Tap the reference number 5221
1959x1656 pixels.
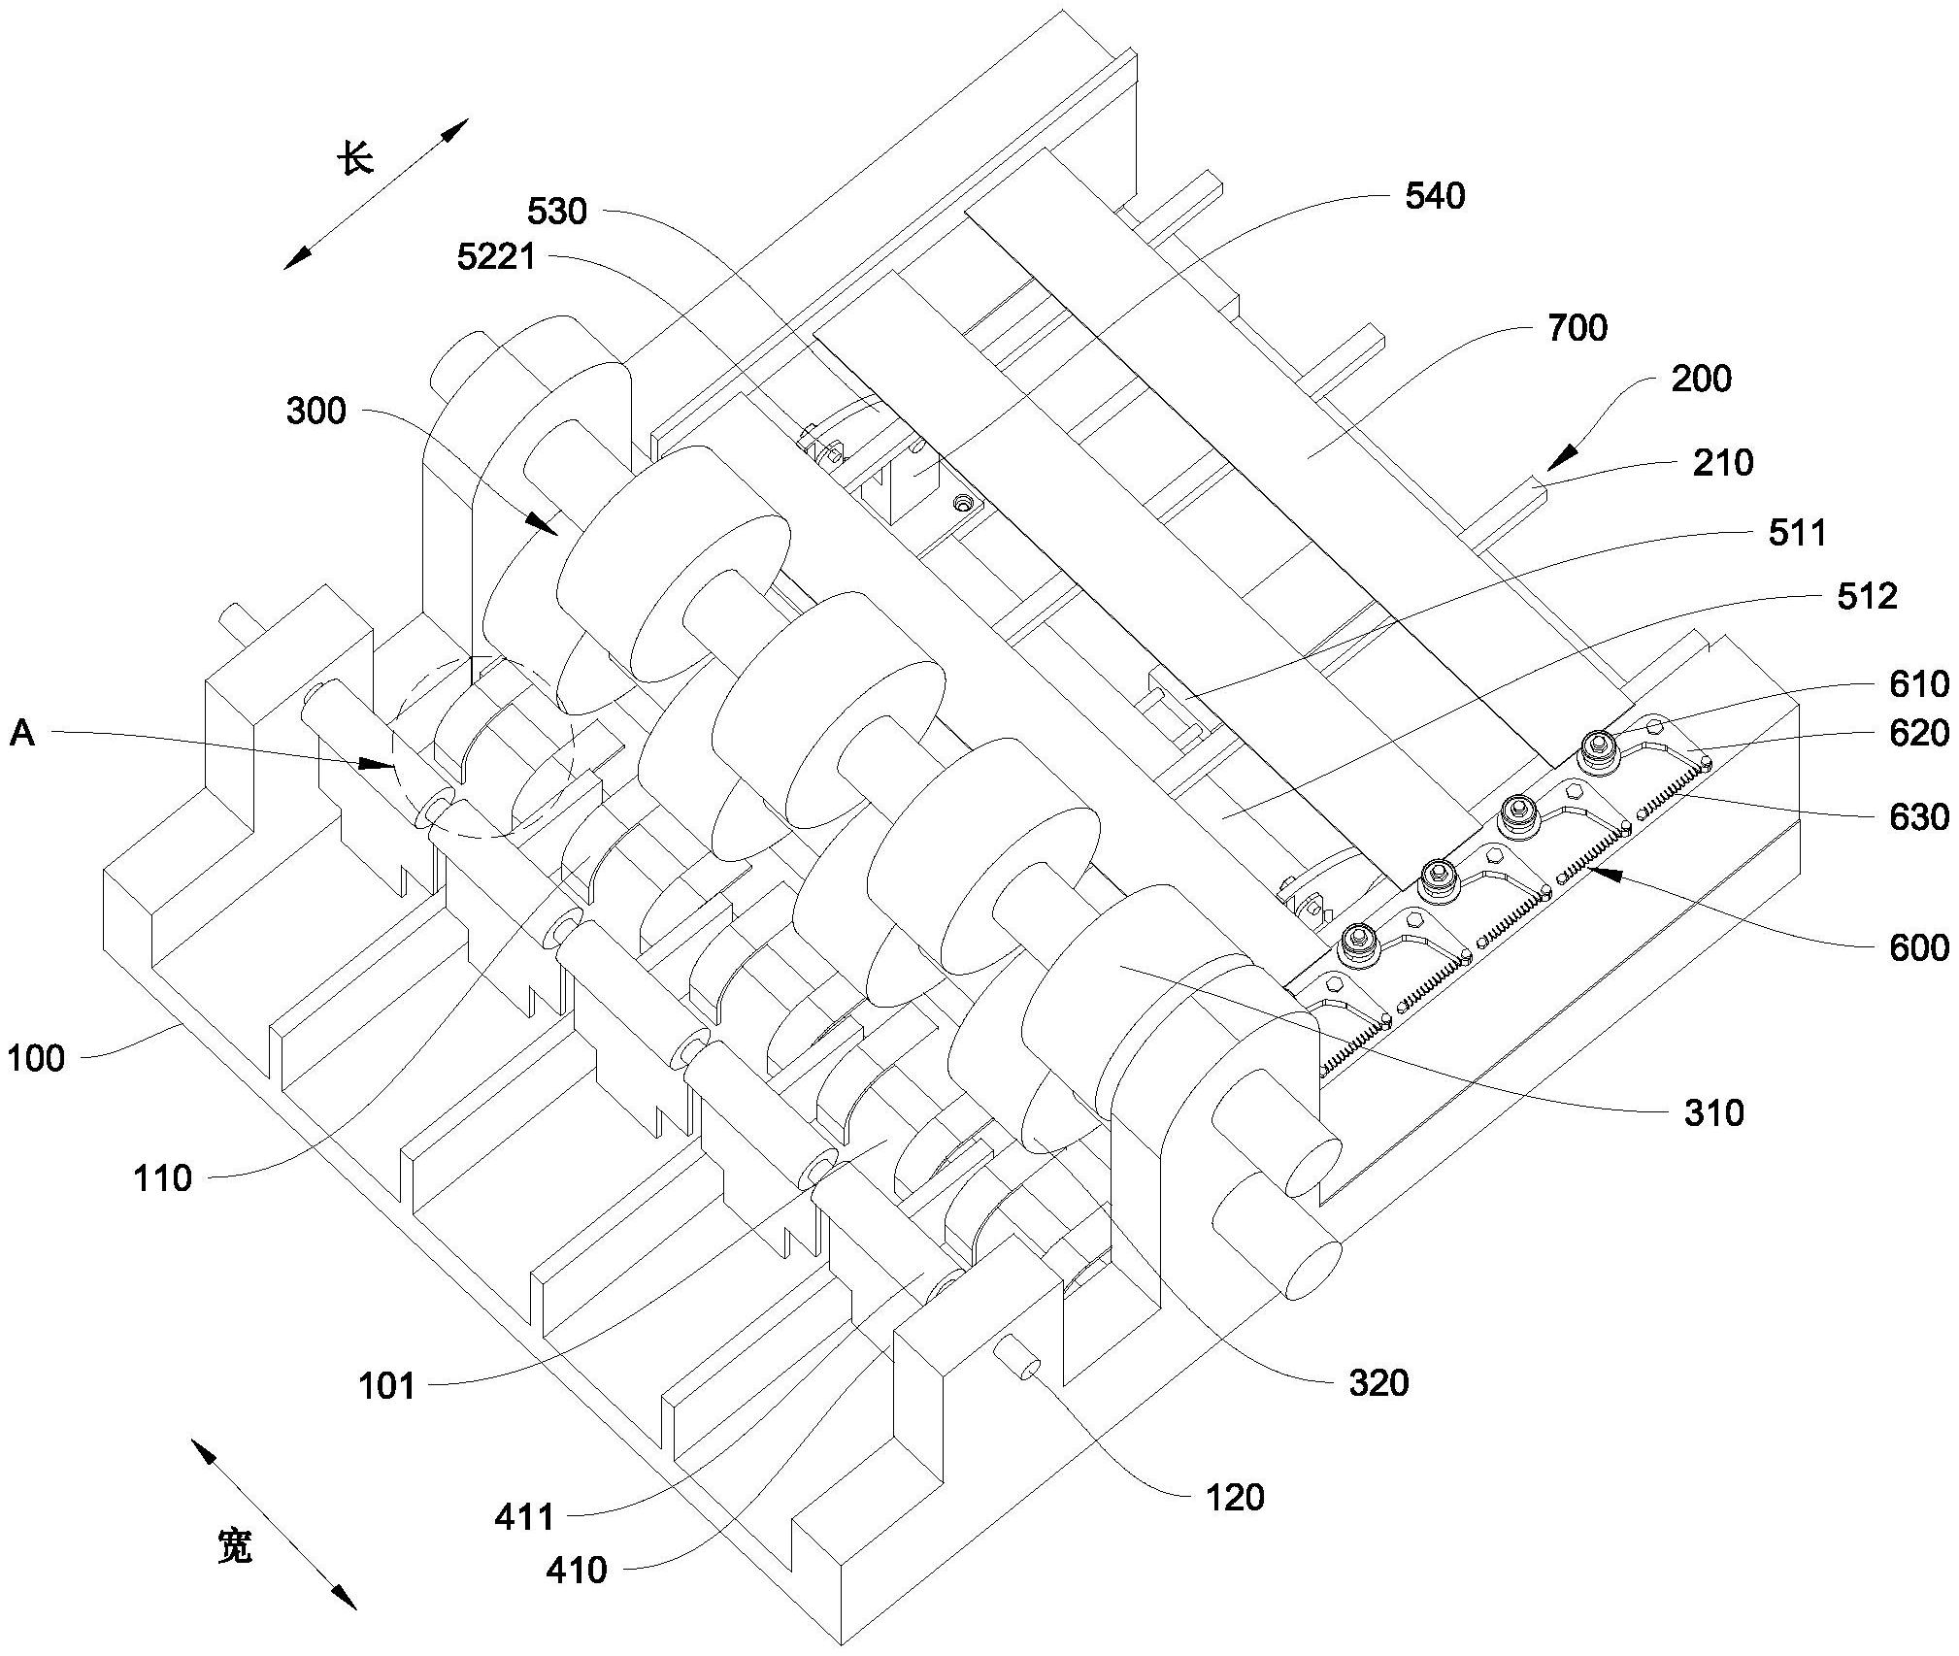pos(496,257)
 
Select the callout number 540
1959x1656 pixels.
pos(1435,197)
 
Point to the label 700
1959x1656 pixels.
pos(1577,328)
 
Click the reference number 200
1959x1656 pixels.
pos(1701,379)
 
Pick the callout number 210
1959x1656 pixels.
pos(1723,462)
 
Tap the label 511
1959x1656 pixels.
pos(1797,533)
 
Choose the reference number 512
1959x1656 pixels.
pos(1867,596)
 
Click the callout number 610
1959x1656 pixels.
pos(1919,684)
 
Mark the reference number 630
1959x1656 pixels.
pos(1919,817)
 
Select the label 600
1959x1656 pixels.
pos(1919,946)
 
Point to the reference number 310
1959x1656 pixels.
pos(1713,1112)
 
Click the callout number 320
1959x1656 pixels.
pos(1378,1382)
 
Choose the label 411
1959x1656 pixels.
pos(524,1516)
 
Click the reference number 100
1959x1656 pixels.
pos(37,1058)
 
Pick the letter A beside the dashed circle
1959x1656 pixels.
pos(21,734)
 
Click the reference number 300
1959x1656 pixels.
pos(315,412)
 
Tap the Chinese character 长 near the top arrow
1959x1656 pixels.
pos(356,158)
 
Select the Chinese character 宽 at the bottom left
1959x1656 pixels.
pos(234,1546)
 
